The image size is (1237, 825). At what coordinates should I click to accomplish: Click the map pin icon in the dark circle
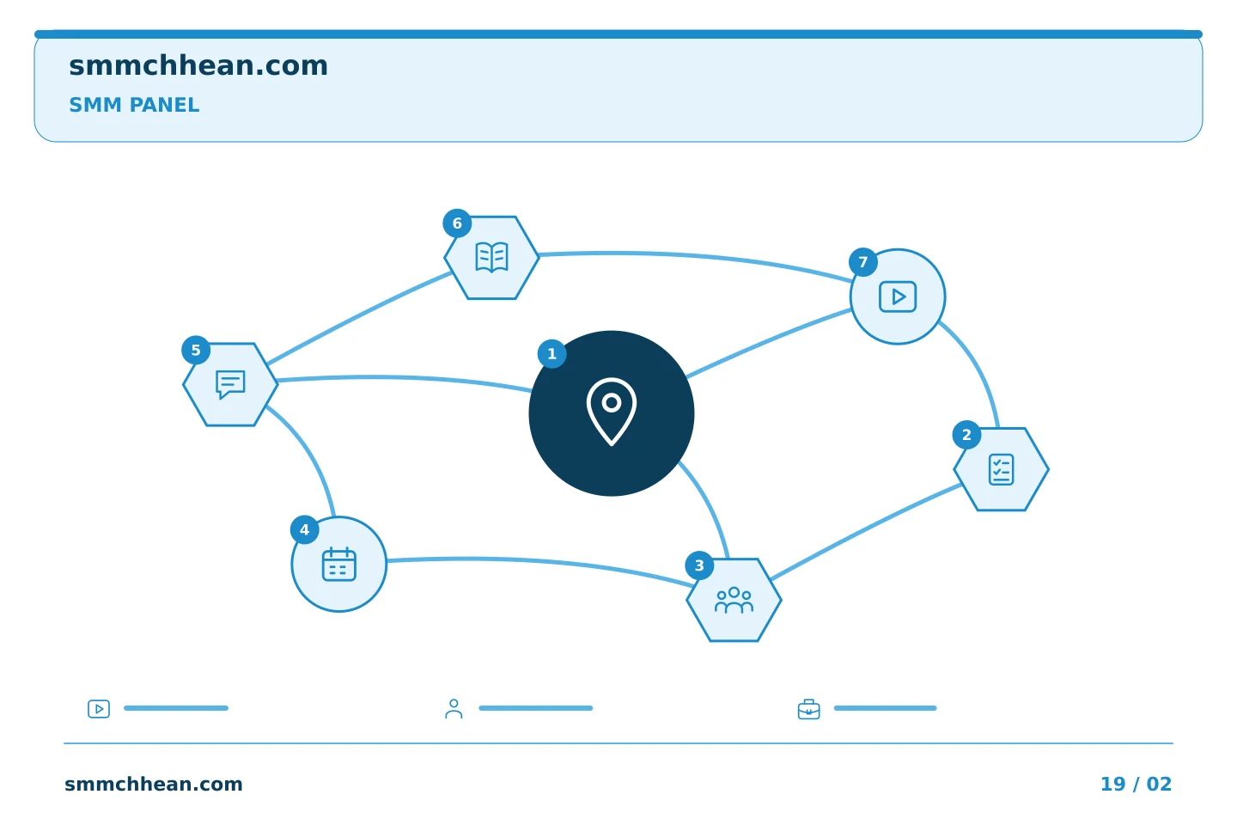612,412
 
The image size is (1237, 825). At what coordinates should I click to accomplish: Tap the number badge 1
551,354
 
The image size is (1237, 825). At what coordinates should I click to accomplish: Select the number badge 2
966,435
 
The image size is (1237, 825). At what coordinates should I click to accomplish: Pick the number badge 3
699,565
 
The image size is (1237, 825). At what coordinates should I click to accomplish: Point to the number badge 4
304,530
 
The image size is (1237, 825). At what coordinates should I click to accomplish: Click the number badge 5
196,351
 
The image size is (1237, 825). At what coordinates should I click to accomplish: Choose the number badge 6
457,223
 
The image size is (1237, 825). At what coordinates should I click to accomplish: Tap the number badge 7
863,262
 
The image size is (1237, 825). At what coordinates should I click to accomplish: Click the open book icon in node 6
491,258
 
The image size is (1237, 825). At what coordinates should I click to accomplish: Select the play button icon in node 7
898,296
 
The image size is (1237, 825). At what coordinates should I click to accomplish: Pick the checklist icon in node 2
1002,469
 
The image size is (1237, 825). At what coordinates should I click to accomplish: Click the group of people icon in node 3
734,600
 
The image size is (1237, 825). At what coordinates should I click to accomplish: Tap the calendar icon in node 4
339,565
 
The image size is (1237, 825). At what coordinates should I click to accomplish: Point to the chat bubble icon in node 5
230,384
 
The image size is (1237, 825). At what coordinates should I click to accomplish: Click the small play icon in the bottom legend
99,708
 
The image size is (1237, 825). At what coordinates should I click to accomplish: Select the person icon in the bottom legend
454,708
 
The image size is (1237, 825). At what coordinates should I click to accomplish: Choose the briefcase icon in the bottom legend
809,709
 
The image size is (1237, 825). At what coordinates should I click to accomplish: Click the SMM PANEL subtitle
134,105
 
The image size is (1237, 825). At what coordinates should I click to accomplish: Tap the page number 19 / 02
1136,784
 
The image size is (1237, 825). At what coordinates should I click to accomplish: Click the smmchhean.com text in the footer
154,784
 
